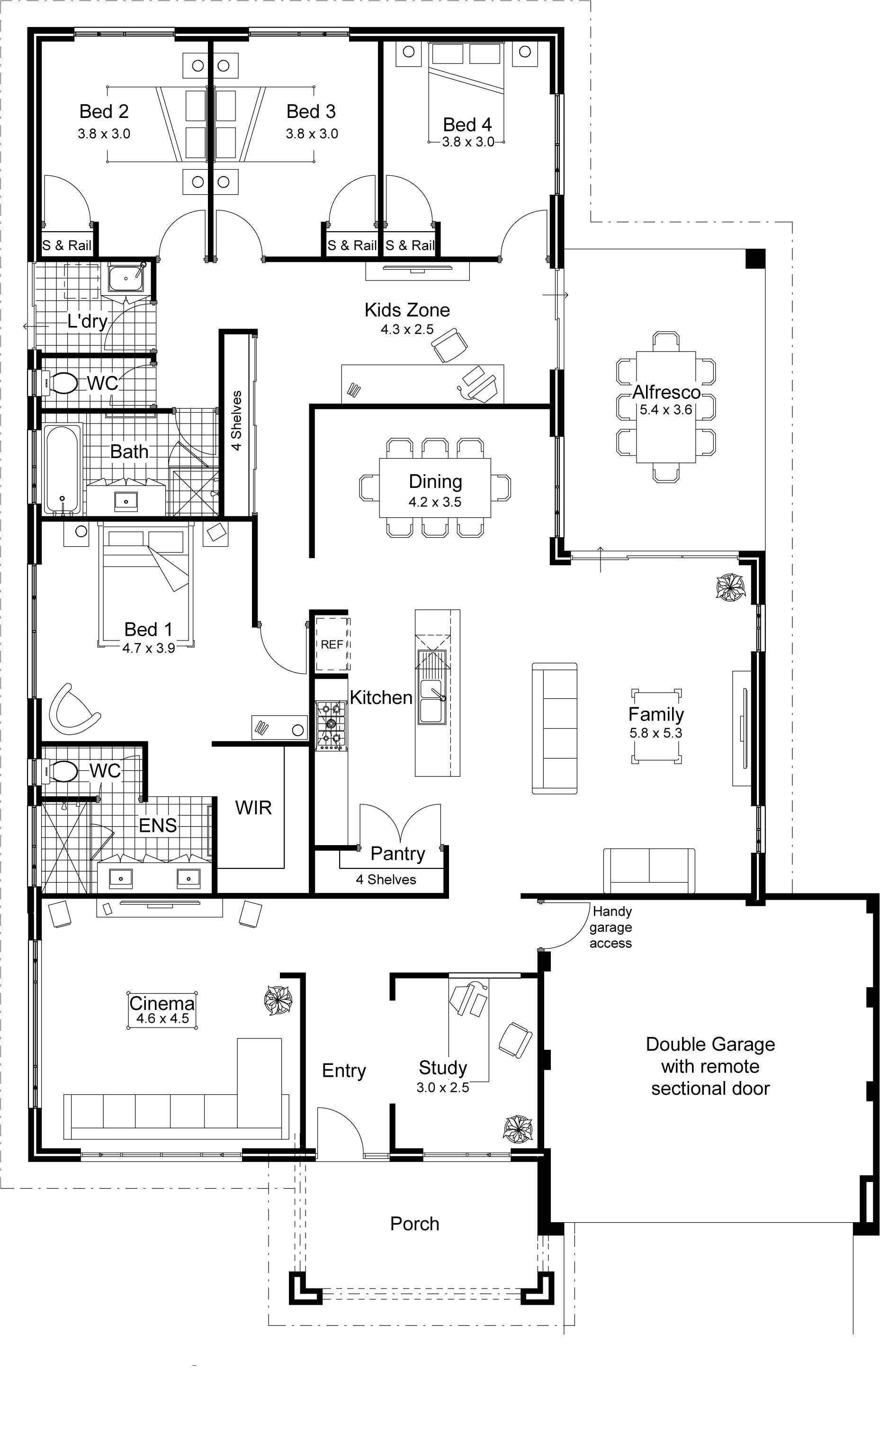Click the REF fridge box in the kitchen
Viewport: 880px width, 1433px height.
coord(332,644)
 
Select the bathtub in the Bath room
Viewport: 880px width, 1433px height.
coord(62,469)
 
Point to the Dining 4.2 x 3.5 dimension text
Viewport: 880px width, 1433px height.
coord(435,502)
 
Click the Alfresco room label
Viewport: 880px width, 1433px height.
coord(666,392)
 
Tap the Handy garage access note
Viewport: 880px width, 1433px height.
coord(611,927)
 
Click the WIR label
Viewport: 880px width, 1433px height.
coord(253,807)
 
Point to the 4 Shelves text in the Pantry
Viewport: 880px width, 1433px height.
coord(386,880)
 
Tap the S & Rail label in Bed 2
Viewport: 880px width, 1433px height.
coord(67,246)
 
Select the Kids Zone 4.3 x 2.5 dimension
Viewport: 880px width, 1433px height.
coord(407,329)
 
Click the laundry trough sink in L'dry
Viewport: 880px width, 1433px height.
coord(126,277)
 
